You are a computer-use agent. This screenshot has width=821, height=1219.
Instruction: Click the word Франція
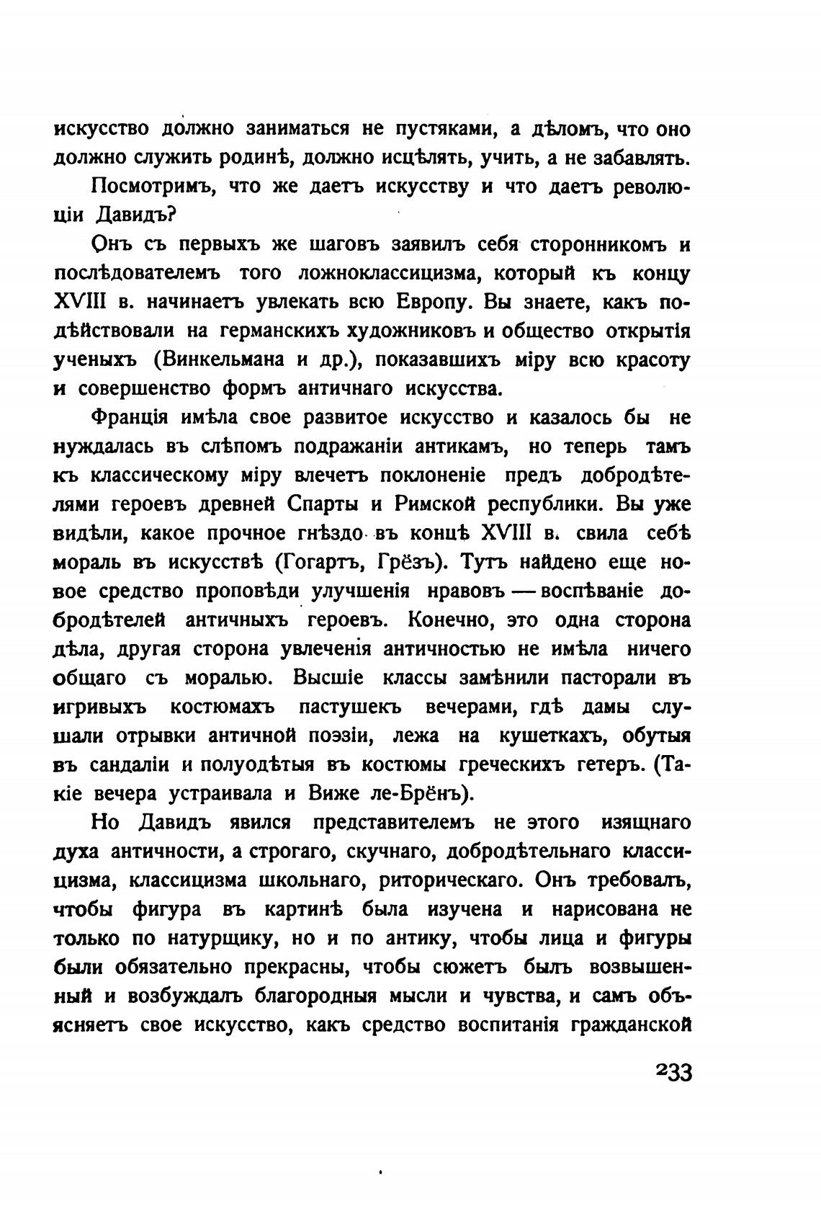[130, 419]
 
